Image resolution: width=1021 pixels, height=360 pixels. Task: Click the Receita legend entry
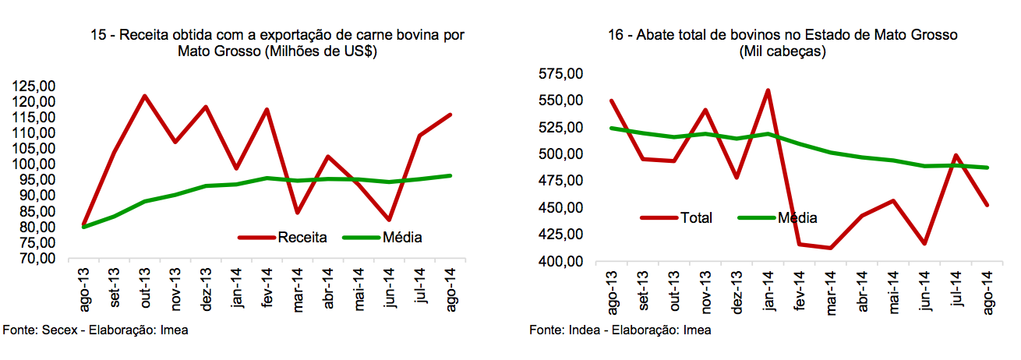(302, 237)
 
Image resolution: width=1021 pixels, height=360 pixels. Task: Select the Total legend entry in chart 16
(695, 218)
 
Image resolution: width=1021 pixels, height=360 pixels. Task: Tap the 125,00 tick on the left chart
(33, 86)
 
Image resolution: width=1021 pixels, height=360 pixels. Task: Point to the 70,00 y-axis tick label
(33, 258)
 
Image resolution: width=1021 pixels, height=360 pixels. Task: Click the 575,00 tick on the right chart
(560, 74)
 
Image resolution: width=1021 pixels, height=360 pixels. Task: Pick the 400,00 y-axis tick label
(560, 262)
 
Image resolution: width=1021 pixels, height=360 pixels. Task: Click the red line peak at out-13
(144, 96)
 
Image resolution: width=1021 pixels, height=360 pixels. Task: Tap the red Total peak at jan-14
(768, 90)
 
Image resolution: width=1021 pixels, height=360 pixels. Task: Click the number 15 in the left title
(97, 36)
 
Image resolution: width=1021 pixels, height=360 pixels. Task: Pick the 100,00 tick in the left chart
(33, 164)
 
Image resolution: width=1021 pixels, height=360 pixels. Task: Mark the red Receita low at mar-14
(298, 212)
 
